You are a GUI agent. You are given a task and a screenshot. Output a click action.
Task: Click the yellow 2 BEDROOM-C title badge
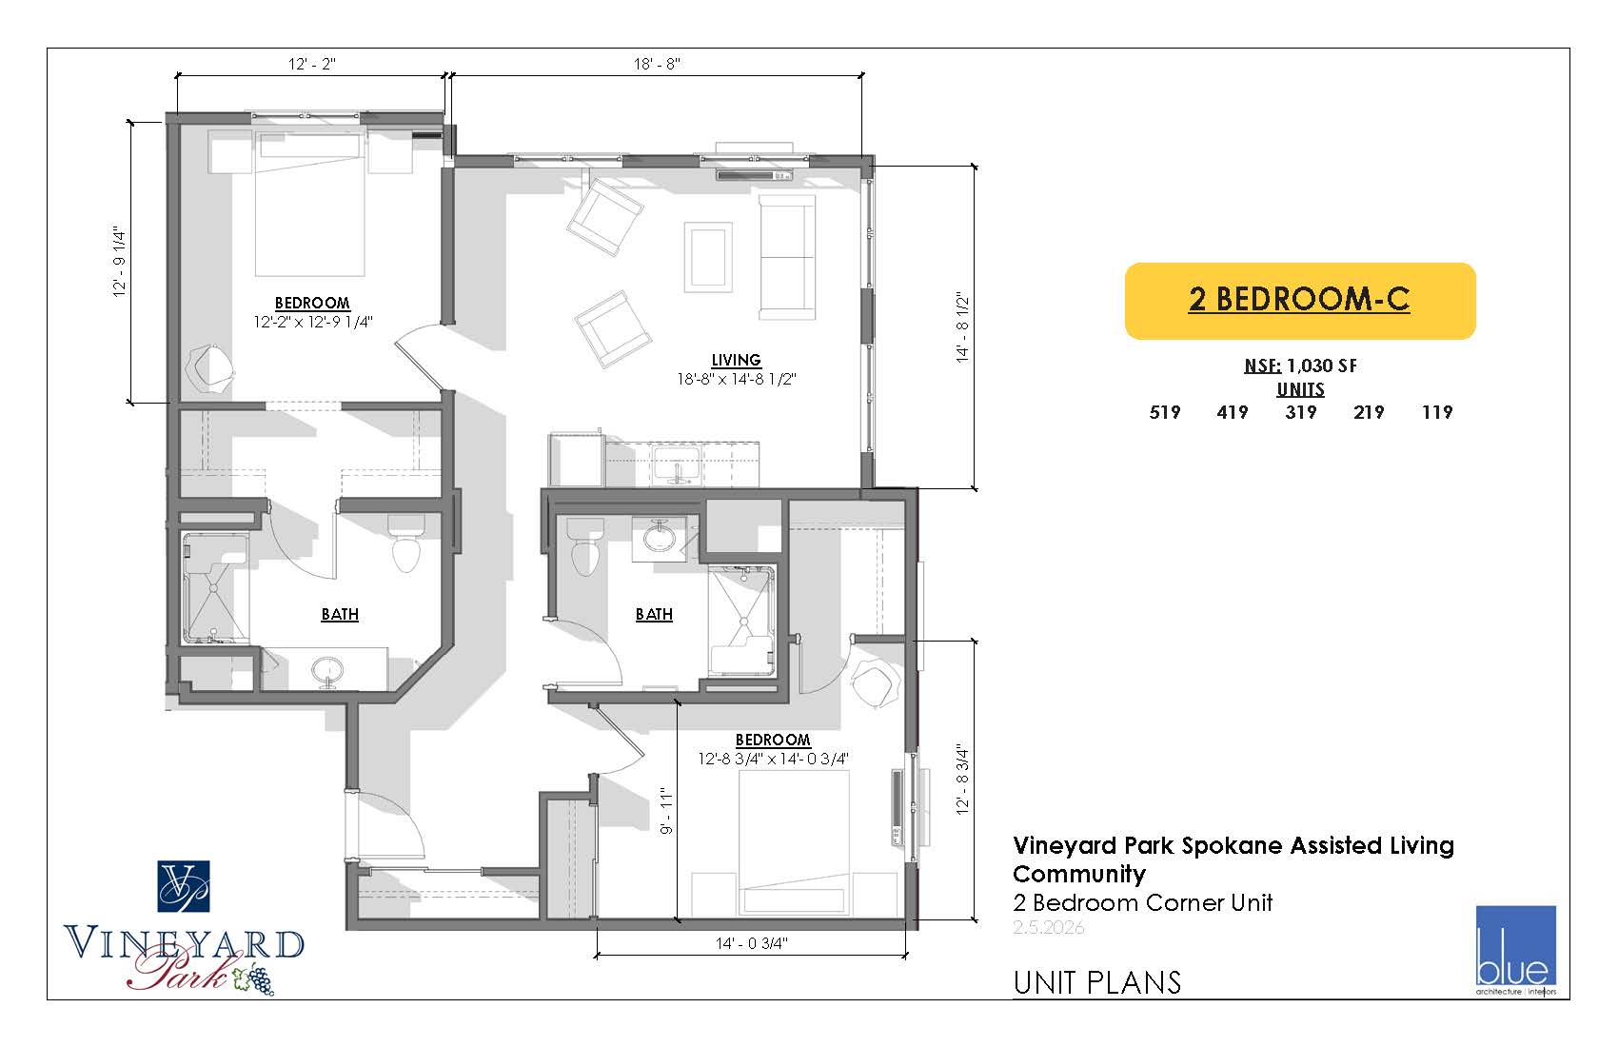click(x=1299, y=301)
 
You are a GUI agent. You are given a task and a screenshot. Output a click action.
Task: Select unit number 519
click(x=1164, y=412)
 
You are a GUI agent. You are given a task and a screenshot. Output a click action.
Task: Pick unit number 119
click(x=1437, y=412)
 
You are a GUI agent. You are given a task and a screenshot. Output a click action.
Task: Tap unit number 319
click(x=1300, y=412)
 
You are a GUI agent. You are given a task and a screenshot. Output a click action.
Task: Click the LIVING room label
click(x=736, y=360)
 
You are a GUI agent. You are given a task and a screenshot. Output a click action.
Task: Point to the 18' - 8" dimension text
click(x=657, y=64)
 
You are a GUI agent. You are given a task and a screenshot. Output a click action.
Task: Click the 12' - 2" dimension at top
click(x=312, y=64)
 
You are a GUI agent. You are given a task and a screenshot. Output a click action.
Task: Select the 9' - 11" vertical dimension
click(x=666, y=811)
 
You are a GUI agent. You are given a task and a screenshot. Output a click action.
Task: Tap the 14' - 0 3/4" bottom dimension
click(x=751, y=943)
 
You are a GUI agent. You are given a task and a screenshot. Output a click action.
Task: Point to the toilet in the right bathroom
click(x=585, y=546)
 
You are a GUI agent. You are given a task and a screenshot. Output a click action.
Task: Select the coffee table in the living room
click(x=708, y=258)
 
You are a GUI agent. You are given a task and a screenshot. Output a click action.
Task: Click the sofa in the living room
click(x=786, y=256)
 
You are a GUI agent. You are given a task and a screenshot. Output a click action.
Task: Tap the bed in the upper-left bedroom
click(x=309, y=204)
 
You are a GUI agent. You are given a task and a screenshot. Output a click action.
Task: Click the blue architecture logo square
click(x=1515, y=945)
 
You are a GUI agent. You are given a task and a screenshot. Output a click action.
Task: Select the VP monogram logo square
click(x=184, y=886)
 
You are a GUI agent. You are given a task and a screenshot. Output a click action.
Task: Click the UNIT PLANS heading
click(x=1096, y=982)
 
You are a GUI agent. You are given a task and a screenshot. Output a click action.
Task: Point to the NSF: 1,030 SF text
click(x=1300, y=365)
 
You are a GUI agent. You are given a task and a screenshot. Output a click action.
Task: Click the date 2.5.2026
click(x=1048, y=927)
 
